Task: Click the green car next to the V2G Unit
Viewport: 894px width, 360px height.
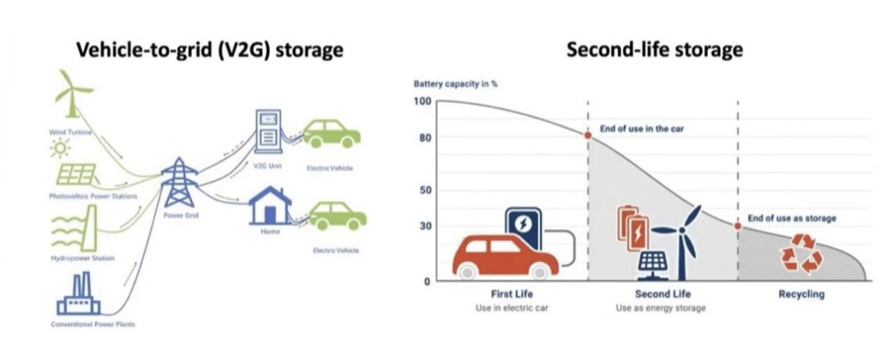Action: [332, 133]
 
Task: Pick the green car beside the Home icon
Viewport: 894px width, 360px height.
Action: [337, 216]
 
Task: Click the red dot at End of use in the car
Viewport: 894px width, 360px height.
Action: [588, 135]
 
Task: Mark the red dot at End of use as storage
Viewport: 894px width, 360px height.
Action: [738, 225]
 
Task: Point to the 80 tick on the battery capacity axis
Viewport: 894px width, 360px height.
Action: [425, 137]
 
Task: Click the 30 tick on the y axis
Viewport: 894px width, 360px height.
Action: [425, 226]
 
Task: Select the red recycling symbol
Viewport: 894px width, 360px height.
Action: [802, 253]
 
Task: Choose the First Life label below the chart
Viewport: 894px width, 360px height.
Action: [512, 294]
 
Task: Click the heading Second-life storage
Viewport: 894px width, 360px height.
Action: [654, 50]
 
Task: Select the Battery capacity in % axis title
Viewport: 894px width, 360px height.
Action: [455, 84]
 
